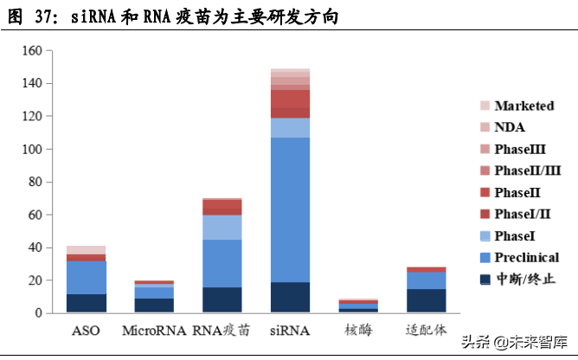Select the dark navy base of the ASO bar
(x=86, y=303)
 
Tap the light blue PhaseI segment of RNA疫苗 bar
(x=222, y=227)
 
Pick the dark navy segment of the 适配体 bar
(x=426, y=300)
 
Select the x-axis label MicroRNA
(x=154, y=331)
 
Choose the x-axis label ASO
(x=86, y=331)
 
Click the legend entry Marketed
(x=523, y=106)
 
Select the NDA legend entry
(x=510, y=127)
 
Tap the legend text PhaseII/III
(x=527, y=170)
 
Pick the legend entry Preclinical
(x=526, y=257)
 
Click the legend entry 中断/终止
(x=524, y=279)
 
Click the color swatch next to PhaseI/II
(x=485, y=214)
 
